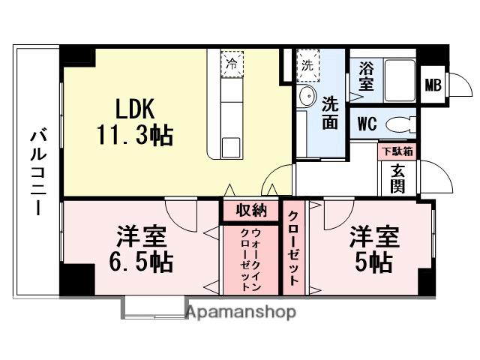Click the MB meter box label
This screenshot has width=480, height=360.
coord(433,85)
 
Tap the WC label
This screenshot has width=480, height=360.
coord(367,123)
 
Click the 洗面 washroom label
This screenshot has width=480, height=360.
coord(330,113)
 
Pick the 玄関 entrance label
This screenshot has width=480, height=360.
coord(397,178)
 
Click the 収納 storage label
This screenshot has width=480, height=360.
coord(250,211)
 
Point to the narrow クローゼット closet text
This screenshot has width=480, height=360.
coord(293,248)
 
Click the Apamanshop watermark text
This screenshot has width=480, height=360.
coord(241,311)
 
